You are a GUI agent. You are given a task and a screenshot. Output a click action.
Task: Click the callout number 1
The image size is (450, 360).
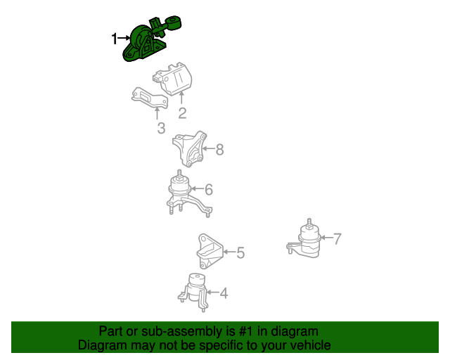114,39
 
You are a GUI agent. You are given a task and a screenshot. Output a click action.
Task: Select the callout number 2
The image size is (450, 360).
182,113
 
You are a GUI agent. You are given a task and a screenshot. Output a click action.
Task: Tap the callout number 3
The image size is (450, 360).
161,128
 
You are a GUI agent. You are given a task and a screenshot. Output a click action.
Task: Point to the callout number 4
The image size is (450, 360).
224,293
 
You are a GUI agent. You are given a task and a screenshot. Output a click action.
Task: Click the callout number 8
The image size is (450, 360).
219,149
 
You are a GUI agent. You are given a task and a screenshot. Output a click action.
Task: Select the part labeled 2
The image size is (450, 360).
173,79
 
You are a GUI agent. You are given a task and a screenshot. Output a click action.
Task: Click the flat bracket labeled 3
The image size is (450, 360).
149,98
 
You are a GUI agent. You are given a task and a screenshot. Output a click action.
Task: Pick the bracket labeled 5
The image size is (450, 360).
210,251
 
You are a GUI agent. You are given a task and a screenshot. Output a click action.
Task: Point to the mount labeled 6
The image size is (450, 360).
186,195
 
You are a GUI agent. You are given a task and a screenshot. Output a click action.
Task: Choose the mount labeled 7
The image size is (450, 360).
305,240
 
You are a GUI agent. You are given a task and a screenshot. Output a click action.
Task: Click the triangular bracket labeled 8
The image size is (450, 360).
190,149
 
